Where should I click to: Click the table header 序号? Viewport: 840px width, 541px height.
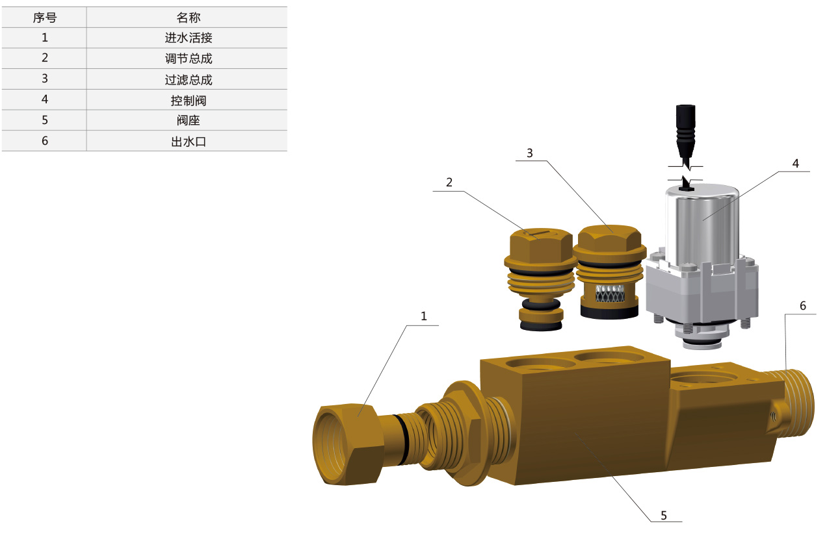45,18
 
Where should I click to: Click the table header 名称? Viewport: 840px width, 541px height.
189,18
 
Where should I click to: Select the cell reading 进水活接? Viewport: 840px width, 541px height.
189,38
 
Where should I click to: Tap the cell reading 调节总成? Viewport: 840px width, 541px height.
189,58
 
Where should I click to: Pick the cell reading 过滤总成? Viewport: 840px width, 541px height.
189,79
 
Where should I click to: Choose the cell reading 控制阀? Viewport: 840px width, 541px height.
189,100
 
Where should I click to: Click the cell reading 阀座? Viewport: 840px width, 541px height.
189,120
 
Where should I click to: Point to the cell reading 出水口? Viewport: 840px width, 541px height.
189,141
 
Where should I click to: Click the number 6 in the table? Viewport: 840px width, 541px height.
45,141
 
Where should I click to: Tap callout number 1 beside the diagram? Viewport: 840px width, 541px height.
424,316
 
